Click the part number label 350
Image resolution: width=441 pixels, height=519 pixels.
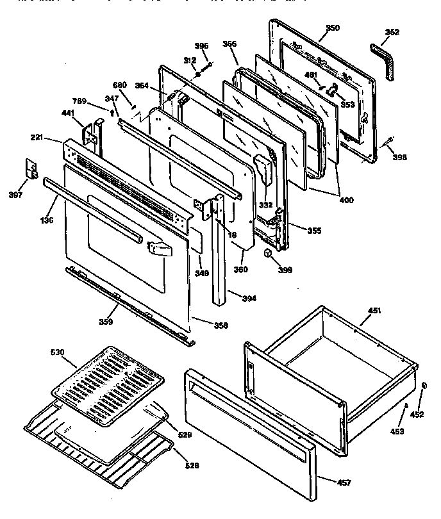click(333, 28)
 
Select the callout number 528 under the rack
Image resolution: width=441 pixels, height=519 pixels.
click(191, 465)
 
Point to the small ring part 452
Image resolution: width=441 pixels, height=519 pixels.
click(424, 386)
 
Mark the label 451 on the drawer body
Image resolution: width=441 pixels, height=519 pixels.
click(374, 311)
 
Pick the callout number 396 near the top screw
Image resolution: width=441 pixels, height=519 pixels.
click(202, 45)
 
